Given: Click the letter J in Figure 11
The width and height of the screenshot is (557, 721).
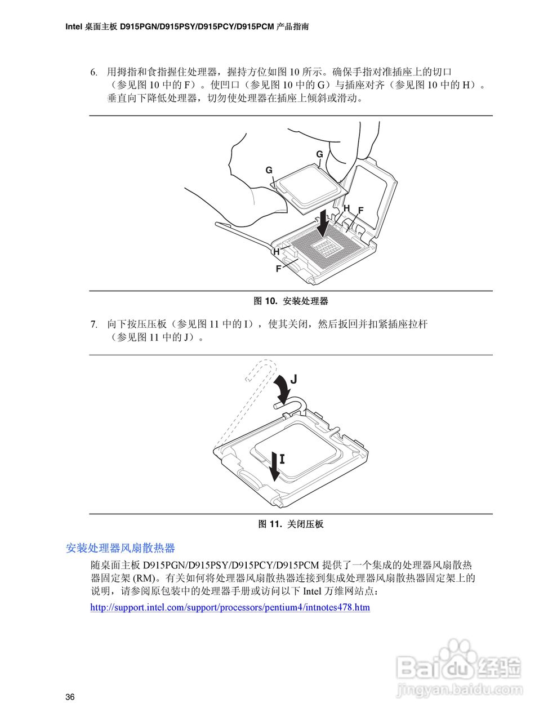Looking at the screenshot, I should [x=293, y=379].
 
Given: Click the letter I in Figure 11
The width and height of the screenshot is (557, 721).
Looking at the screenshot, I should [x=282, y=459].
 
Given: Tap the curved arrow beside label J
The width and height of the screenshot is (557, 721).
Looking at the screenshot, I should [x=281, y=388].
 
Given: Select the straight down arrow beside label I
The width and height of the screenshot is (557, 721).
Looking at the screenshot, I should [x=274, y=466].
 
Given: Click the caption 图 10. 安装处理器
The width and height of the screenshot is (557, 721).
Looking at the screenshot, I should [x=291, y=301].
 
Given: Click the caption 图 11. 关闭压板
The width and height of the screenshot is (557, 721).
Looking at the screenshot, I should [x=291, y=524].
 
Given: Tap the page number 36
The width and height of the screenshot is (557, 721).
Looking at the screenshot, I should [x=70, y=697].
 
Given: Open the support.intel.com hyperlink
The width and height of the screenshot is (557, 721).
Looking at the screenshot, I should [x=230, y=607].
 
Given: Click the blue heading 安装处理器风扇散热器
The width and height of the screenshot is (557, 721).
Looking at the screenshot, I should [x=121, y=548].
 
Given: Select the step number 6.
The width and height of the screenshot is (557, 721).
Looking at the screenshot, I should [x=94, y=72].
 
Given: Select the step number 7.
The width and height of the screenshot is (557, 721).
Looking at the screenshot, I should [x=94, y=324].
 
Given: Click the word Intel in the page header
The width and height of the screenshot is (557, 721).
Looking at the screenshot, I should [x=74, y=26].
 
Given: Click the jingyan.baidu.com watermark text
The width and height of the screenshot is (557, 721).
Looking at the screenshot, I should [x=458, y=689].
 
